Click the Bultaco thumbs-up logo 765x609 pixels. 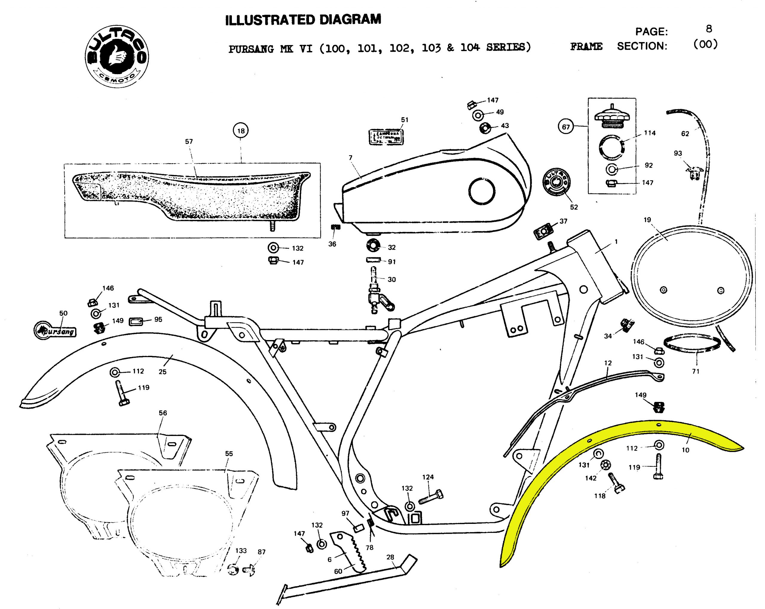117,57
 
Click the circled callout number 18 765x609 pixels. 241,131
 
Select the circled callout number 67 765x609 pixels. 566,127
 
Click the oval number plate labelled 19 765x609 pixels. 692,277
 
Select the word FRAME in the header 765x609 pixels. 586,47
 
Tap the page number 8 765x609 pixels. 709,29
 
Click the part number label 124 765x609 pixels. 428,477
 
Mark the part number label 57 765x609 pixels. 189,142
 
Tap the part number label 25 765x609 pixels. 163,371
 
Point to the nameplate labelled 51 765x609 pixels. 385,137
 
